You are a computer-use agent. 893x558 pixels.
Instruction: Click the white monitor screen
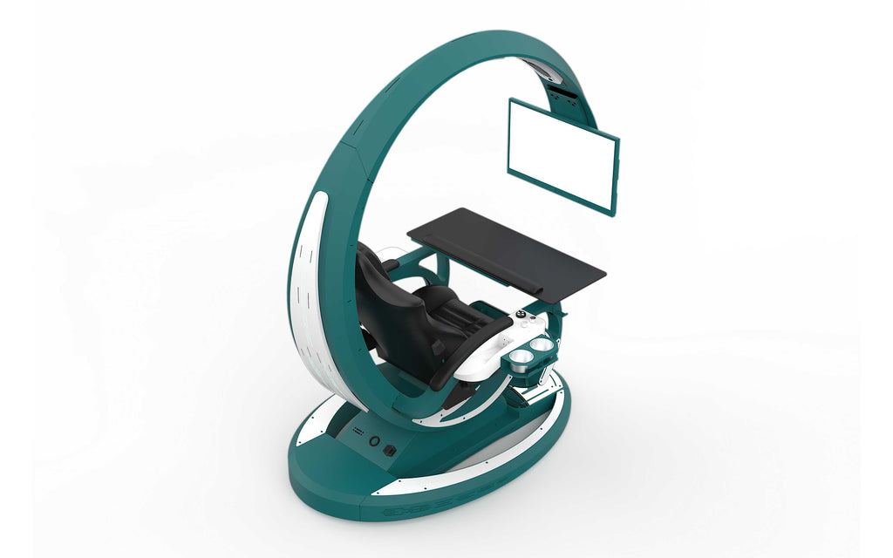[x=562, y=153]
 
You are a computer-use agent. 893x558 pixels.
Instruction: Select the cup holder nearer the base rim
[x=521, y=357]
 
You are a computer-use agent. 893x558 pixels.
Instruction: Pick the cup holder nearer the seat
[x=541, y=345]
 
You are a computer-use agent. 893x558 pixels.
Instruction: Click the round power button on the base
[x=375, y=442]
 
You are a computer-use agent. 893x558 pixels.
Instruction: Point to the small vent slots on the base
[x=357, y=432]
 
